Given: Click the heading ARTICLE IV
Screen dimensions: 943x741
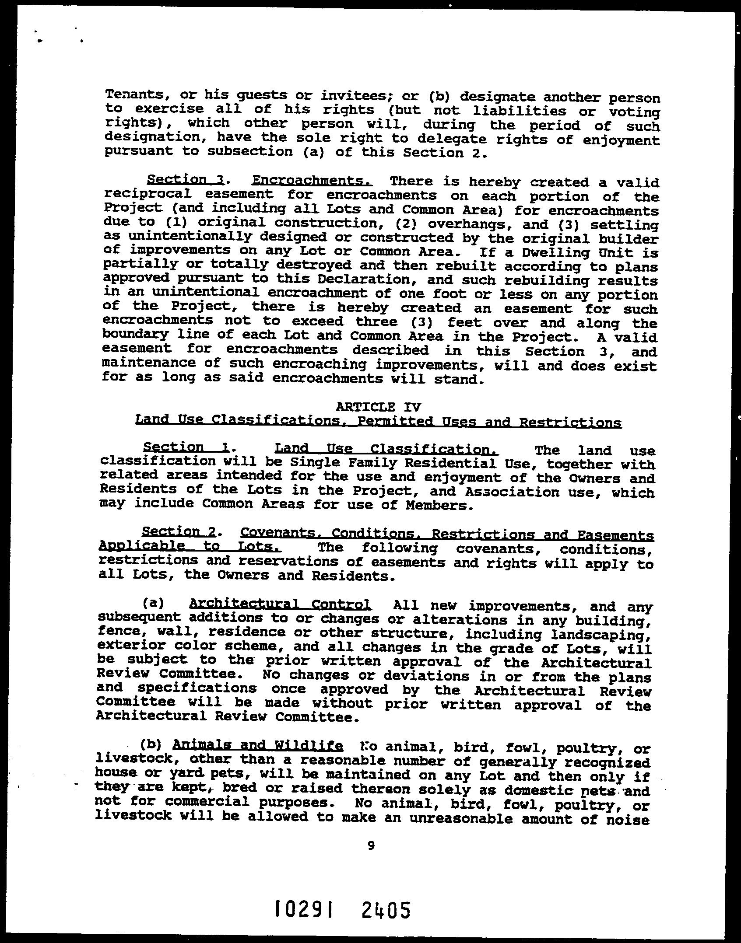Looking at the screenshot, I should click(378, 407).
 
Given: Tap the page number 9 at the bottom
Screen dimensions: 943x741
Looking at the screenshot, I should click(371, 845).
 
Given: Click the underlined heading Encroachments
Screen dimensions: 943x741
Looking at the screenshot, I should click(313, 181).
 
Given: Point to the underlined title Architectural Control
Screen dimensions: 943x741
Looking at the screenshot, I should click(280, 604).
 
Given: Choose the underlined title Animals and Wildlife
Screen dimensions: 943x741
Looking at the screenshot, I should click(258, 745).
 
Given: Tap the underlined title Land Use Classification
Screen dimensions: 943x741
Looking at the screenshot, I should click(386, 449).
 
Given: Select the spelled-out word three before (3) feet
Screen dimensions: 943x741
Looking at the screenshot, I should click(376, 322).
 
